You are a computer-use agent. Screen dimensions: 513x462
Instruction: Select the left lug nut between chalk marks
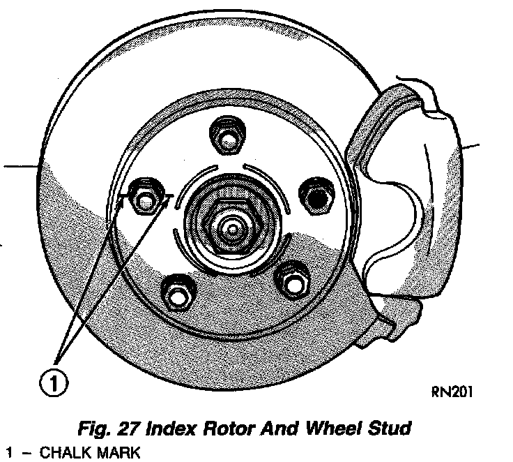tap(145, 201)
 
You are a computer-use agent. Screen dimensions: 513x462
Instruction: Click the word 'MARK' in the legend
tap(119, 453)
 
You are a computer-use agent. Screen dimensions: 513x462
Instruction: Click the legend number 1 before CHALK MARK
tap(8, 453)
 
